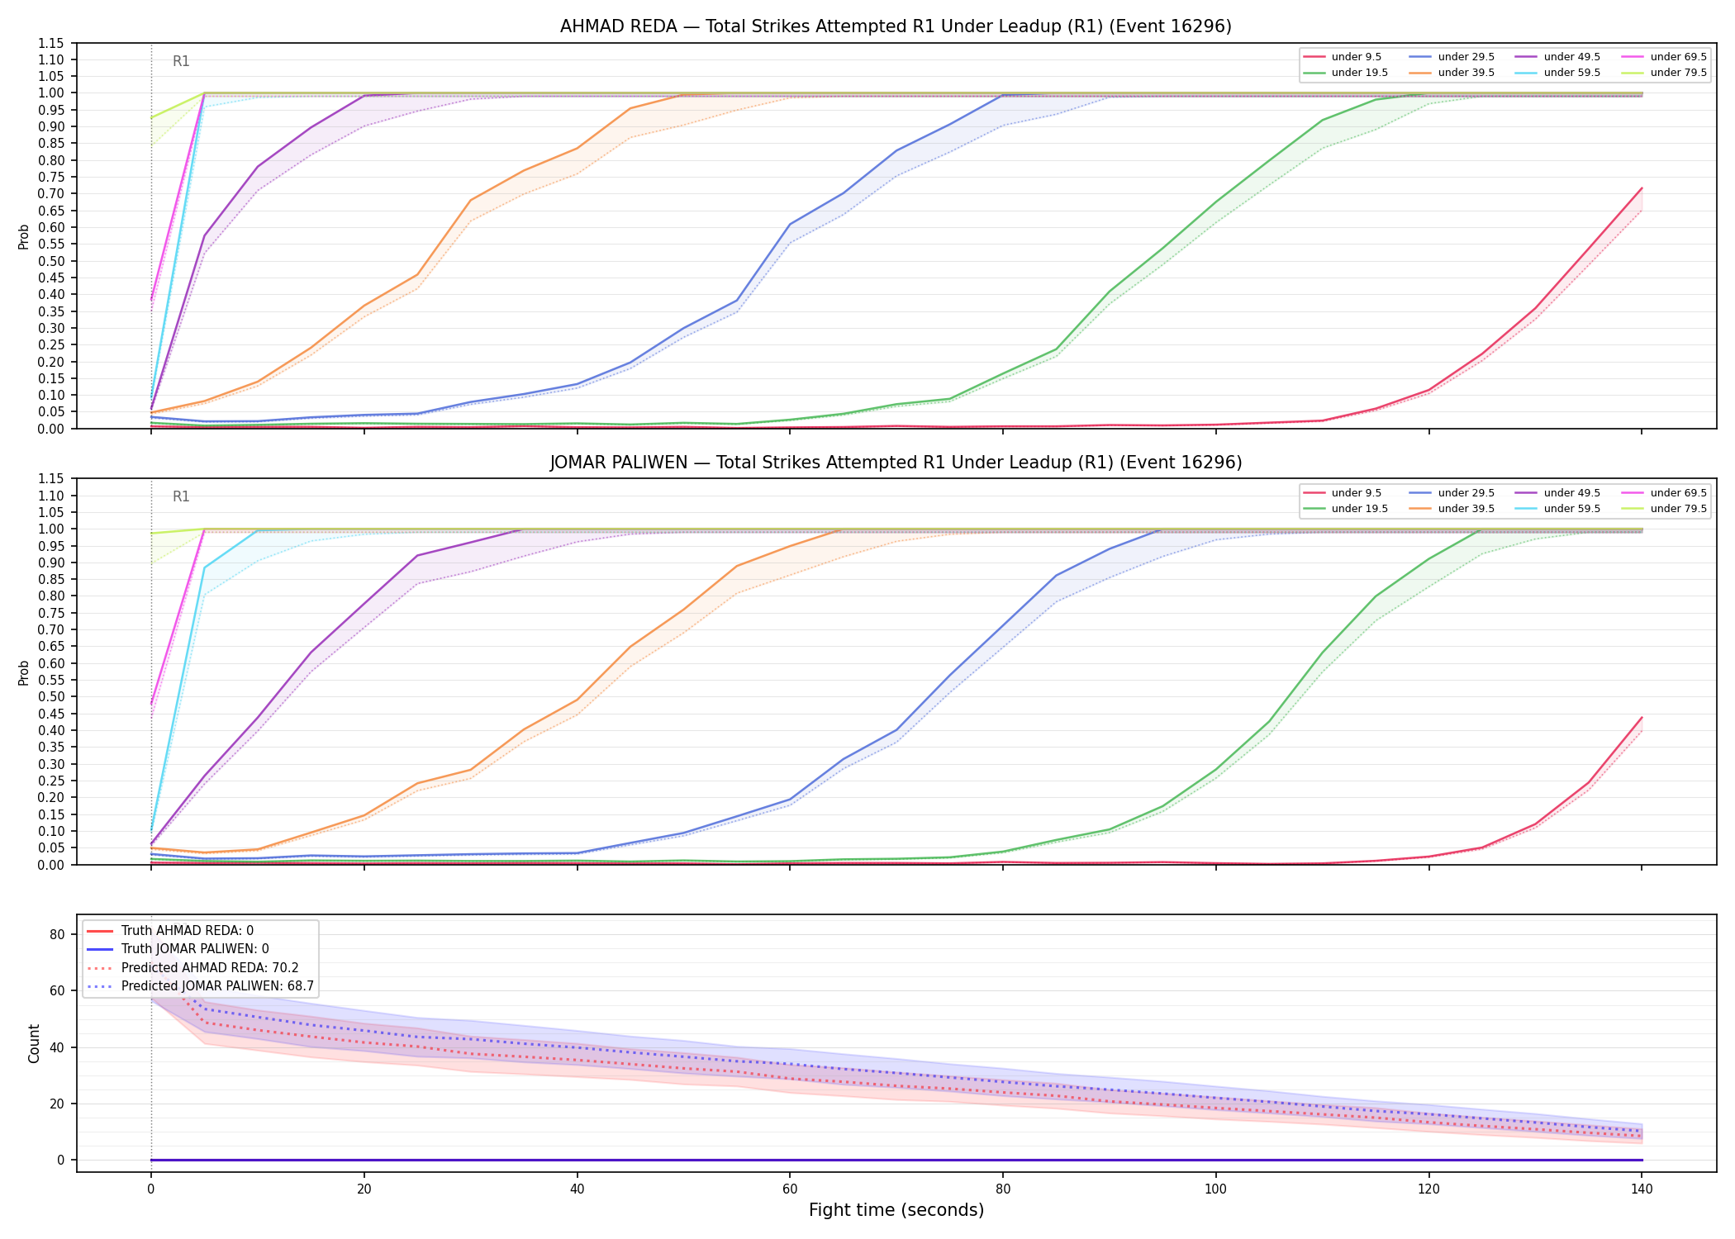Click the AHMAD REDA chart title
[896, 26]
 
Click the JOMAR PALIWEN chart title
[896, 463]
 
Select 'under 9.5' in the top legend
[1356, 57]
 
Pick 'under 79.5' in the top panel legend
[1678, 73]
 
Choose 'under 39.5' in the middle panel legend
[1466, 509]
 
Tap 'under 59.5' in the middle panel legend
[1571, 509]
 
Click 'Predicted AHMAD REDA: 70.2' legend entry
[210, 968]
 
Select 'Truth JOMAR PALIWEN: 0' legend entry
[195, 949]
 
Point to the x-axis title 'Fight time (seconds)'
[896, 1210]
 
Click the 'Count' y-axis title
[34, 1043]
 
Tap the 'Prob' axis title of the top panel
[24, 236]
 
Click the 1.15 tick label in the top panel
[52, 43]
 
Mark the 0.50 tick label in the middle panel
[52, 696]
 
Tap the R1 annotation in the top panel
[181, 61]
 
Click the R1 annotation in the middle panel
[181, 496]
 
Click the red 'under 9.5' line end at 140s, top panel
[1642, 188]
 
